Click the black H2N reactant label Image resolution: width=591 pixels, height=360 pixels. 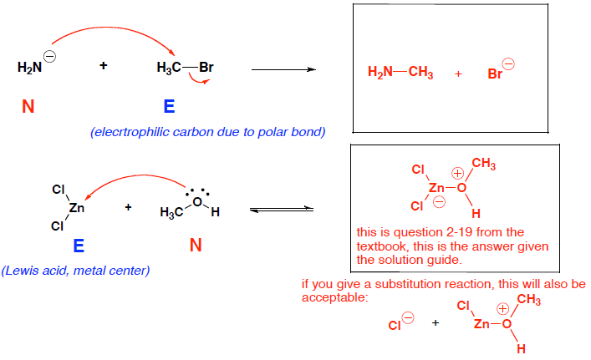pos(28,68)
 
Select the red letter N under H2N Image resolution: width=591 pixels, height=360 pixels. pos(28,107)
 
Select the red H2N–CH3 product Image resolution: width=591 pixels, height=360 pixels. pos(400,74)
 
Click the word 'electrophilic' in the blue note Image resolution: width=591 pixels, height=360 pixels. pos(133,132)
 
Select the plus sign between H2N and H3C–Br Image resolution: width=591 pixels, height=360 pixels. pos(104,66)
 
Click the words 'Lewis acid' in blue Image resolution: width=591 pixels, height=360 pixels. pos(33,270)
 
